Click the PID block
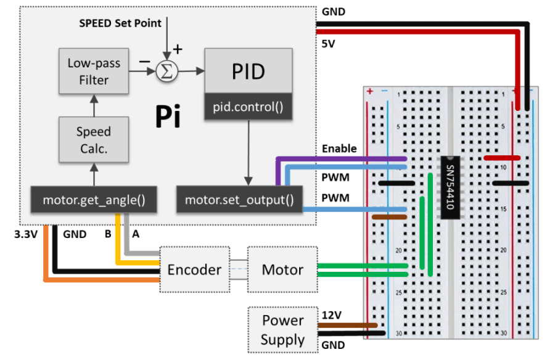(249, 72)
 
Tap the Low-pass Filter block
(93, 72)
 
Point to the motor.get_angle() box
(93, 200)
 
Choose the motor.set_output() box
(239, 200)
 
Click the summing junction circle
(166, 72)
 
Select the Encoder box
(194, 269)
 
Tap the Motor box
(282, 269)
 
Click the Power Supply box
(282, 330)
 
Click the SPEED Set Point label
(120, 23)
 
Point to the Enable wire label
(339, 149)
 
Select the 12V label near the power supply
(331, 315)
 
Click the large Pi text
(167, 117)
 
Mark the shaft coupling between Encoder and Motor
(239, 269)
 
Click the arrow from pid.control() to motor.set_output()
(249, 151)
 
